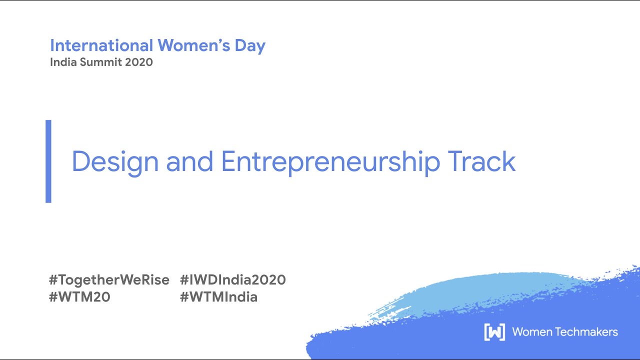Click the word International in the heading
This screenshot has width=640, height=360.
point(101,45)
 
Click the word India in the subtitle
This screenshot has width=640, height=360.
point(61,62)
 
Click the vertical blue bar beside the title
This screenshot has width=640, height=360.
point(48,161)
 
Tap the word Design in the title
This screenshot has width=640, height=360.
point(115,161)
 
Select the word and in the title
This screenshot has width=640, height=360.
point(190,161)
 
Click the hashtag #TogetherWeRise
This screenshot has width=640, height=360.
point(109,279)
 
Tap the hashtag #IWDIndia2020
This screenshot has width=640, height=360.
point(233,279)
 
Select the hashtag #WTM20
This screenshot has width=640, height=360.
point(79,297)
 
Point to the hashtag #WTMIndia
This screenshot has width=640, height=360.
point(219,297)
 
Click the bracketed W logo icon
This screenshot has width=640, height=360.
point(494,332)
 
